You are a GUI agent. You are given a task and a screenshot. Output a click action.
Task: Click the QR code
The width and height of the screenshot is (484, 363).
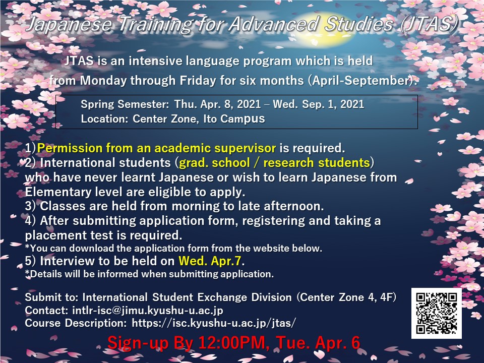click(x=436, y=313)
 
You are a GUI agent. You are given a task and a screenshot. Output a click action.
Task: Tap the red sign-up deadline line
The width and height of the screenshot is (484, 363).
click(x=233, y=343)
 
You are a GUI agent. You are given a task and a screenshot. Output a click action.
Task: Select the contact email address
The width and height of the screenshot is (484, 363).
click(x=148, y=310)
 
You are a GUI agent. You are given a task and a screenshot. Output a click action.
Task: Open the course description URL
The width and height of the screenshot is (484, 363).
click(x=214, y=323)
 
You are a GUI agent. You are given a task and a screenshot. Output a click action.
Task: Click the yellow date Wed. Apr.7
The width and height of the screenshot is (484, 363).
click(x=210, y=261)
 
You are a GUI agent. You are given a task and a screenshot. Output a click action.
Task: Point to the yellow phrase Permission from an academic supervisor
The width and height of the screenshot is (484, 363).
click(x=156, y=148)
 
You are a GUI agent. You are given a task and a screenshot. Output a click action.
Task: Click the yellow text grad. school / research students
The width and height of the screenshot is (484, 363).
click(x=274, y=163)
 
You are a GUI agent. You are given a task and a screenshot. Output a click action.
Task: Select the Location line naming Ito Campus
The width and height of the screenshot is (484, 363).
click(x=173, y=119)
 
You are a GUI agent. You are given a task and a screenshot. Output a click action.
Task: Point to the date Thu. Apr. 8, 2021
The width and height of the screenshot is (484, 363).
click(x=218, y=104)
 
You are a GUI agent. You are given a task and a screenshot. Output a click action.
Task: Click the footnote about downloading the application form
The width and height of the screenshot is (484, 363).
click(x=173, y=248)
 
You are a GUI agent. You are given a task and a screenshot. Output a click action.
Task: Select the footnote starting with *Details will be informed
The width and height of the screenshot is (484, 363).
click(x=149, y=274)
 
